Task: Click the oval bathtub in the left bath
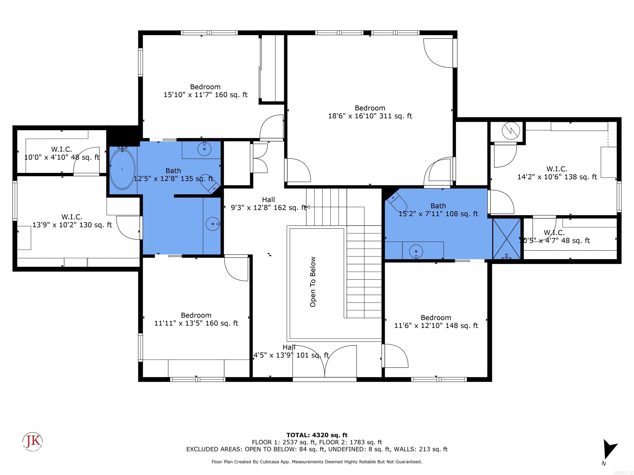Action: point(122,169)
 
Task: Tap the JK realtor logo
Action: point(33,442)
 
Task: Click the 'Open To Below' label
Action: point(313,282)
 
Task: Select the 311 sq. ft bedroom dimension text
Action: point(370,116)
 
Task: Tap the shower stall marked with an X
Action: point(506,239)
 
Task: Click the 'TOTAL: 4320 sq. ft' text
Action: point(317,435)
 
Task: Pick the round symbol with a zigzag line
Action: point(511,131)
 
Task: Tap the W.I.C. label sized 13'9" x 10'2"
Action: point(72,221)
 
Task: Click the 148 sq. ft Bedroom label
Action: point(436,322)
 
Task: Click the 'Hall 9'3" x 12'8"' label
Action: point(268,203)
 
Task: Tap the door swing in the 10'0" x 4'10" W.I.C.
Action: point(86,162)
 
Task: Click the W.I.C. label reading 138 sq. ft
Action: point(557,173)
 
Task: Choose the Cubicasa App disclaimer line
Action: point(317,462)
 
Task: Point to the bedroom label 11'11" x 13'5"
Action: point(196,319)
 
